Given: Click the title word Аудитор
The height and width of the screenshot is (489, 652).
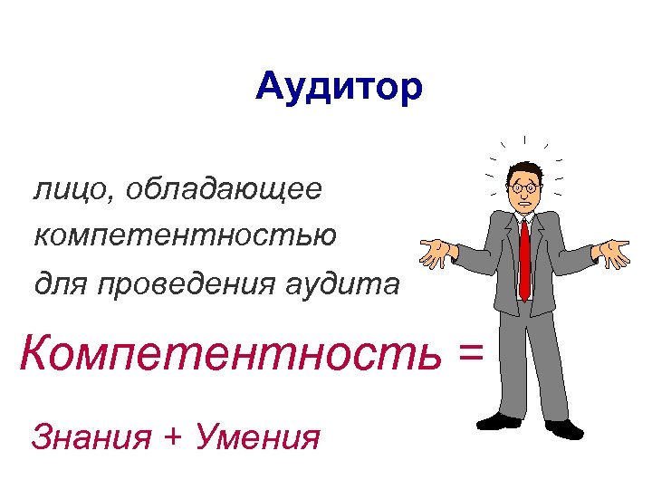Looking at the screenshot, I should [x=339, y=88].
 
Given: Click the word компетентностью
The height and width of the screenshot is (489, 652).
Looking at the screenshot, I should [x=186, y=236].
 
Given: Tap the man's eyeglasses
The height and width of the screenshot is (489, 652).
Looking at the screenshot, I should [x=525, y=187].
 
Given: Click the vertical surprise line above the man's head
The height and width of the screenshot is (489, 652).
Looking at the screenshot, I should [x=525, y=141].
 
